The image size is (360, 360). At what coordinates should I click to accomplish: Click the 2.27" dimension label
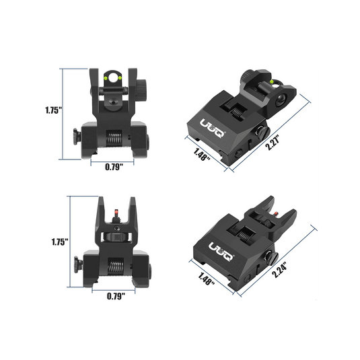tap(273, 143)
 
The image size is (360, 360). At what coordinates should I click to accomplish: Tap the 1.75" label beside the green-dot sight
tap(53, 110)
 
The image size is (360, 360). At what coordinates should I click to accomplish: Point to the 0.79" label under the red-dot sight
tap(116, 296)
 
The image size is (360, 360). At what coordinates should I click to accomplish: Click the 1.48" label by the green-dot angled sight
tap(202, 155)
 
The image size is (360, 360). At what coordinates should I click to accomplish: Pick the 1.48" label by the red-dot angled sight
tap(206, 279)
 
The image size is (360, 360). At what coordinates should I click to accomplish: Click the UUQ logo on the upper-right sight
tap(213, 129)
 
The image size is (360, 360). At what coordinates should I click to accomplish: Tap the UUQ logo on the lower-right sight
tap(221, 252)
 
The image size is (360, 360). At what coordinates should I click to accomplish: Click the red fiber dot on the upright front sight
tap(116, 211)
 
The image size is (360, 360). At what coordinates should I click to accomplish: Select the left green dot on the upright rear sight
tap(106, 78)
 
